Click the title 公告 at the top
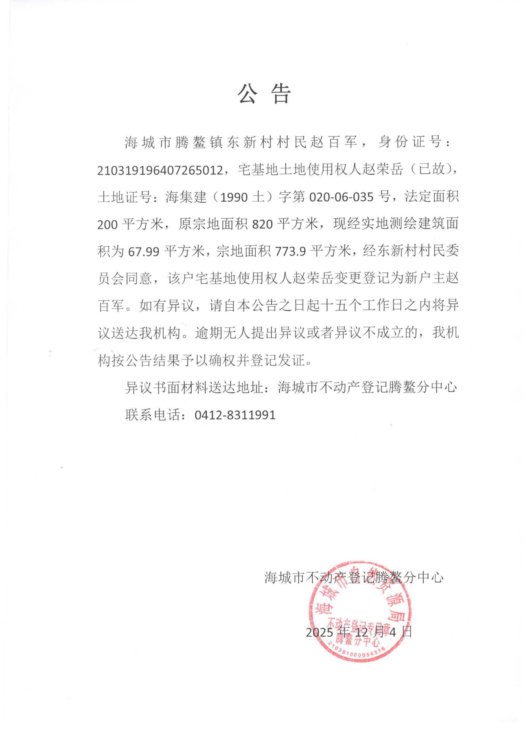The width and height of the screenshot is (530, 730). [264, 94]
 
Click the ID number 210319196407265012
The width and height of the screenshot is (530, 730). [160, 170]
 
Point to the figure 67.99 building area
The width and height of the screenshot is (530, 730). [144, 251]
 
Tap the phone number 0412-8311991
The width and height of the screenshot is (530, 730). [235, 415]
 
